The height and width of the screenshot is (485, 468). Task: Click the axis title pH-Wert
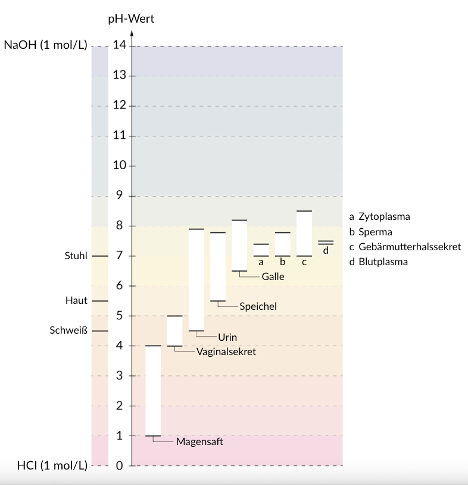click(x=131, y=18)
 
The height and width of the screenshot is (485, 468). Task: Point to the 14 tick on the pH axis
click(x=120, y=46)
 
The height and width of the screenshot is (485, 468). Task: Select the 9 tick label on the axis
click(x=120, y=196)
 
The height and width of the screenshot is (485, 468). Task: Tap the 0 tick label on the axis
click(x=119, y=466)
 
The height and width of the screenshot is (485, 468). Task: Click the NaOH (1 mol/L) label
click(x=45, y=46)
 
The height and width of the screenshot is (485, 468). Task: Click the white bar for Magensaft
click(x=153, y=391)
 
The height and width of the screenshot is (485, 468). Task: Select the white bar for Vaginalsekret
click(x=174, y=331)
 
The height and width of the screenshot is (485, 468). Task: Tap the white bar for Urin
click(x=196, y=279)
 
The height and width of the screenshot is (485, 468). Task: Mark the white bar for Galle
click(x=239, y=245)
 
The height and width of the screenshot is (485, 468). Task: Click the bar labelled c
click(x=304, y=234)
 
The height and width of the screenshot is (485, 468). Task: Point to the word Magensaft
click(x=199, y=442)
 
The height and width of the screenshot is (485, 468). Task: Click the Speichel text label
click(x=258, y=306)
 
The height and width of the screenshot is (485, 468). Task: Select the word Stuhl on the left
click(x=76, y=256)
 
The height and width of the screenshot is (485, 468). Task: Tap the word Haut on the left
click(x=76, y=301)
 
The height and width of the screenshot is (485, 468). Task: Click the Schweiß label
click(x=70, y=331)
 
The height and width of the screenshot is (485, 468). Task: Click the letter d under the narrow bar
click(x=326, y=251)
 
